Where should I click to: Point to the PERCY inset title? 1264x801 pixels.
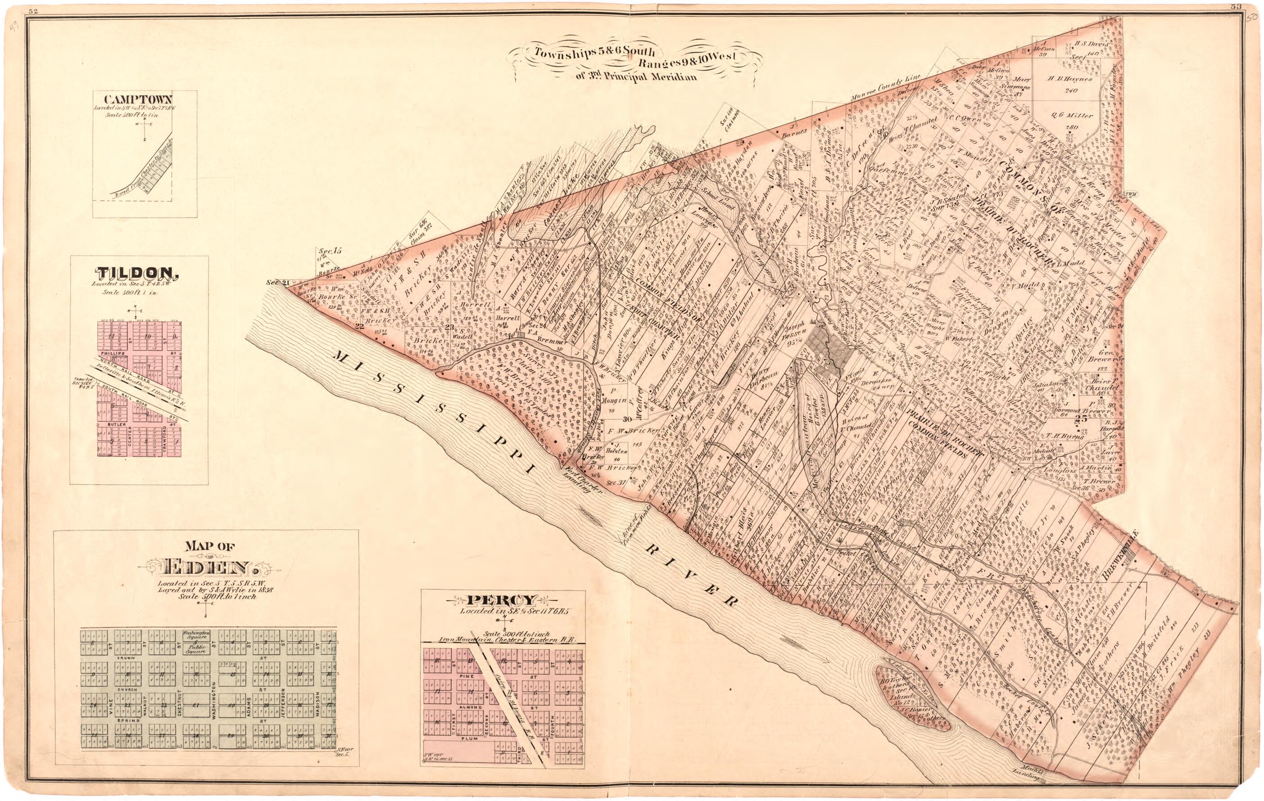(x=503, y=599)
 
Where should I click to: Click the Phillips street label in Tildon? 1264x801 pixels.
(x=111, y=355)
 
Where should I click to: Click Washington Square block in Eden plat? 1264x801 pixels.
(x=196, y=636)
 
